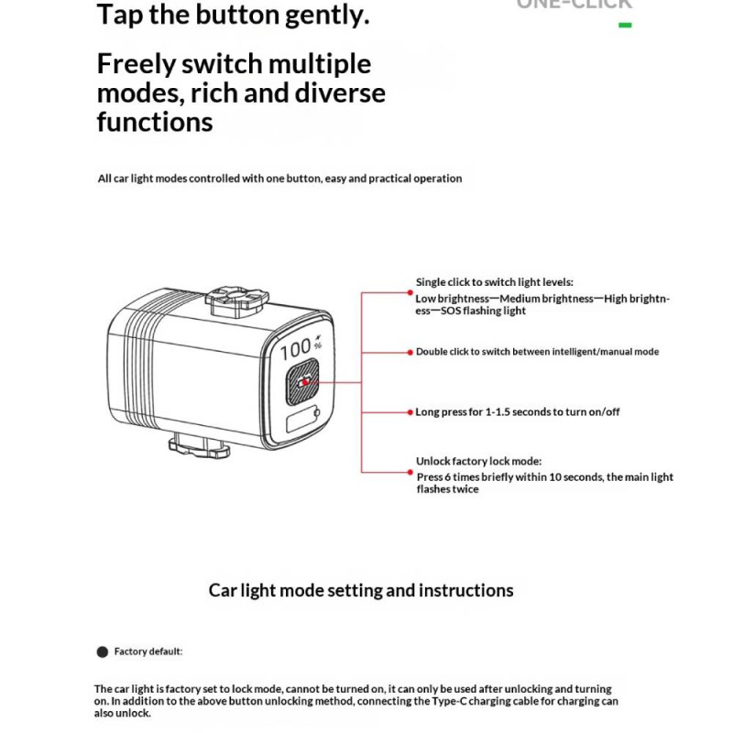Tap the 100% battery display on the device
298,348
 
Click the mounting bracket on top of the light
237,300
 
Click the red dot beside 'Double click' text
410,352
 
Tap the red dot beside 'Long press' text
410,412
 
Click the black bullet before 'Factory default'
103,652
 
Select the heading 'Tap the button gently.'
233,15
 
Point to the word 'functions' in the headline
155,122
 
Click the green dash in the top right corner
625,25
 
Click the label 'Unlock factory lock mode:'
478,462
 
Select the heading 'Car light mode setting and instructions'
361,590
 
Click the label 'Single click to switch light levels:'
494,282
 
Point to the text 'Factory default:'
148,651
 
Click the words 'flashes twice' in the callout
447,489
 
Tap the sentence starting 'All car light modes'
279,179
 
